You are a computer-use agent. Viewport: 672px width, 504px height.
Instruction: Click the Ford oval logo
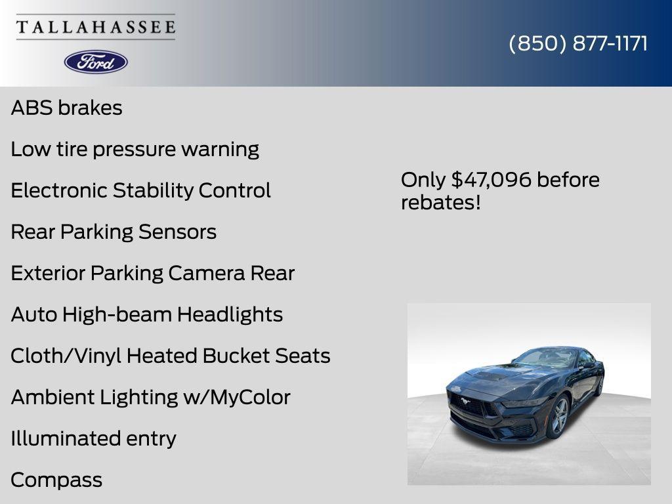[96, 62]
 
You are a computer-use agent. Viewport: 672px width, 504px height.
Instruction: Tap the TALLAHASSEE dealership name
[96, 27]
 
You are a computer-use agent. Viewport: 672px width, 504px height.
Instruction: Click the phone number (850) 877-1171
[578, 43]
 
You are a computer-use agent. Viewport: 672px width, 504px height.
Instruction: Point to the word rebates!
[440, 202]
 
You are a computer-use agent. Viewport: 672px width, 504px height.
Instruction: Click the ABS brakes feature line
[66, 108]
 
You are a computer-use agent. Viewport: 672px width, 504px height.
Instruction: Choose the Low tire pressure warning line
[135, 149]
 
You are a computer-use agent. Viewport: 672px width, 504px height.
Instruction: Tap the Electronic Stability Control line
[140, 190]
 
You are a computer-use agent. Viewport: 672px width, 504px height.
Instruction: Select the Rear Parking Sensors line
[114, 232]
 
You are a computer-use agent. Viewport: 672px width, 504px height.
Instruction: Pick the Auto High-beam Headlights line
[146, 314]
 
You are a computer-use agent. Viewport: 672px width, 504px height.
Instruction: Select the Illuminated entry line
[93, 438]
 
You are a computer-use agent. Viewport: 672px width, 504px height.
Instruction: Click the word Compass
[56, 480]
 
